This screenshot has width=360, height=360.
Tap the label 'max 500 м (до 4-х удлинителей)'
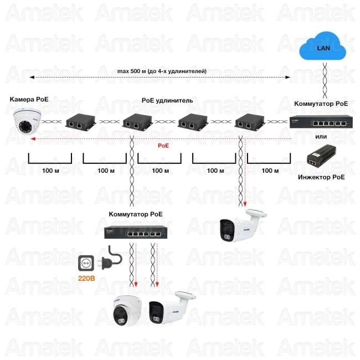(x=162, y=71)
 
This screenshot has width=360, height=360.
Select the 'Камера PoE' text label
(x=29, y=99)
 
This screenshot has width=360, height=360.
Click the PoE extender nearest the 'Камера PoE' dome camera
(x=79, y=122)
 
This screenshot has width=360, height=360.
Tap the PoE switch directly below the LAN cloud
(x=321, y=122)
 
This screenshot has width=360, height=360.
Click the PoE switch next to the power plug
(x=135, y=233)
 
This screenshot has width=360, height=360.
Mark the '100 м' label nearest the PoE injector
(x=270, y=171)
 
